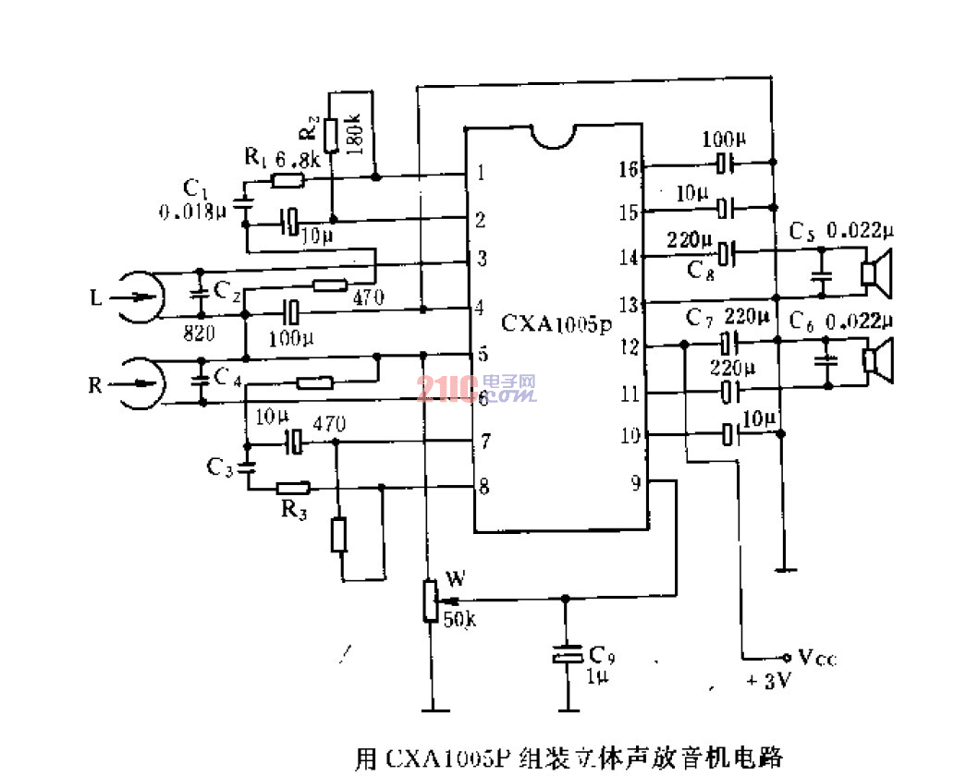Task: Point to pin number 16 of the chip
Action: [x=629, y=168]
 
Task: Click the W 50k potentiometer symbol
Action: [x=430, y=600]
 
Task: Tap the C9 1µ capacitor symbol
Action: [x=567, y=655]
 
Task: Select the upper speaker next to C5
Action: [x=874, y=273]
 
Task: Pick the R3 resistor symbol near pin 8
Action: [x=292, y=487]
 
